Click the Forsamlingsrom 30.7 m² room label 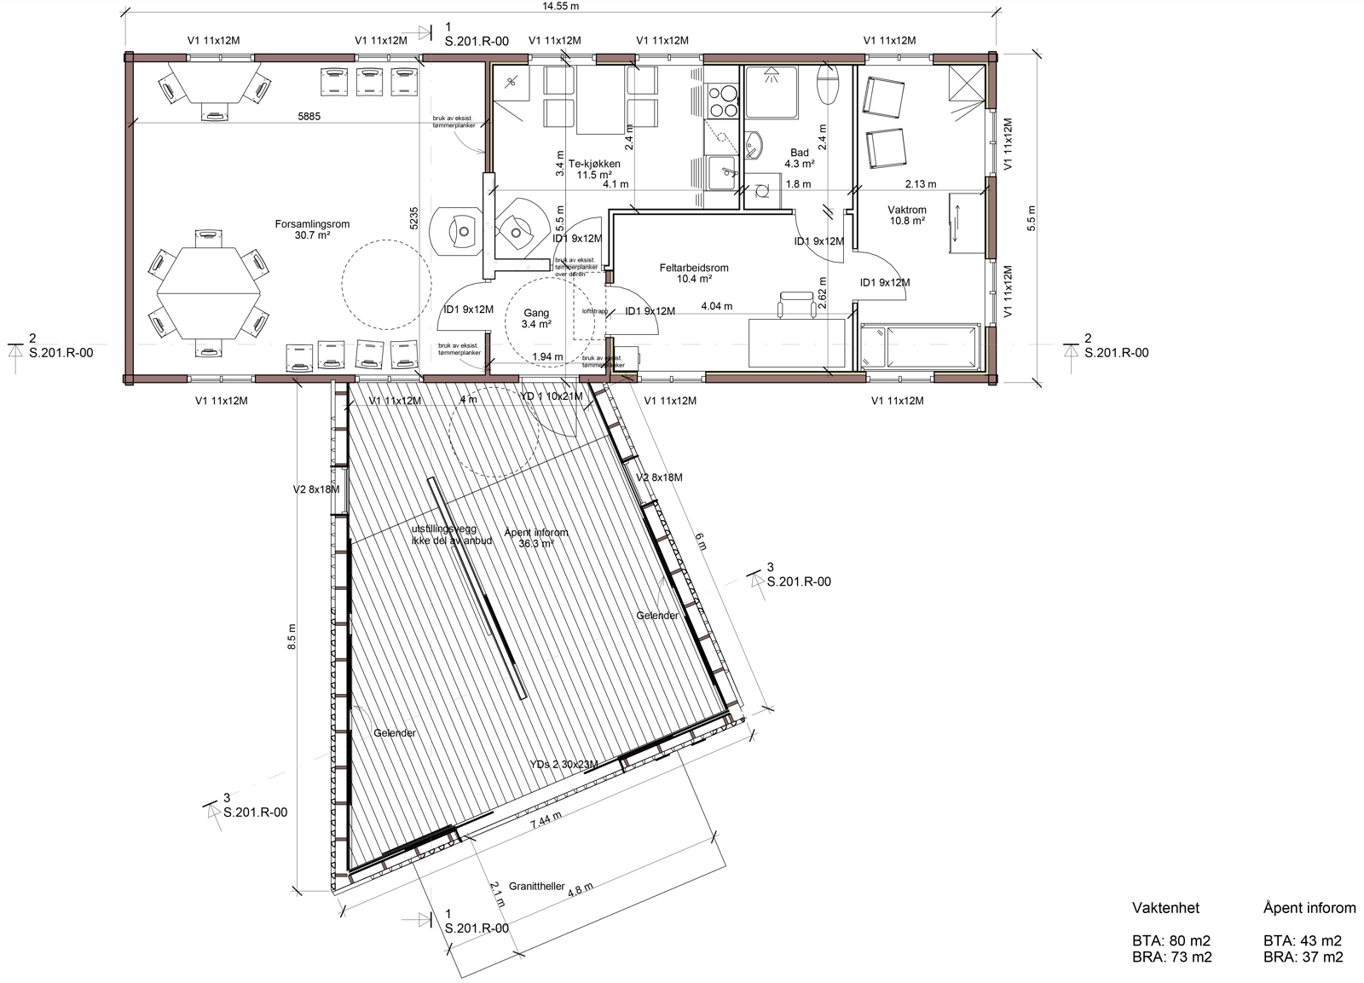tap(312, 229)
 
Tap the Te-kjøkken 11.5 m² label tap(594, 169)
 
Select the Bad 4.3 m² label tap(799, 158)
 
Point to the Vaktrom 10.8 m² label tap(906, 215)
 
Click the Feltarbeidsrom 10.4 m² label tap(694, 273)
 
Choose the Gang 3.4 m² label tap(536, 318)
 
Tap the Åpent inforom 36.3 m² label tap(535, 537)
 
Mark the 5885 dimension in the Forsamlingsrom tap(309, 117)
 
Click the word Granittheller tap(536, 886)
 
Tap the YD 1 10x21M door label tap(551, 396)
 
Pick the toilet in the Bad tap(828, 86)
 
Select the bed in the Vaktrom tap(920, 346)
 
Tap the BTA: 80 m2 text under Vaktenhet tap(1171, 941)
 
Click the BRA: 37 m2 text tap(1303, 957)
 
